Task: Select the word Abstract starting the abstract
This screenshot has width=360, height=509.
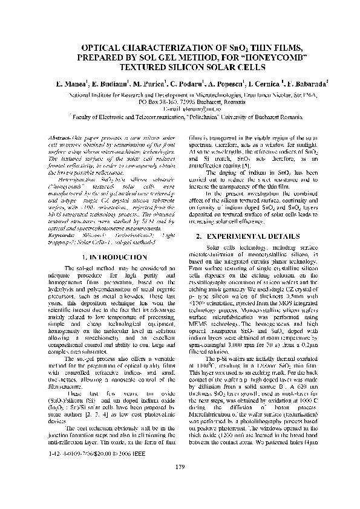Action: [x=58, y=138]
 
